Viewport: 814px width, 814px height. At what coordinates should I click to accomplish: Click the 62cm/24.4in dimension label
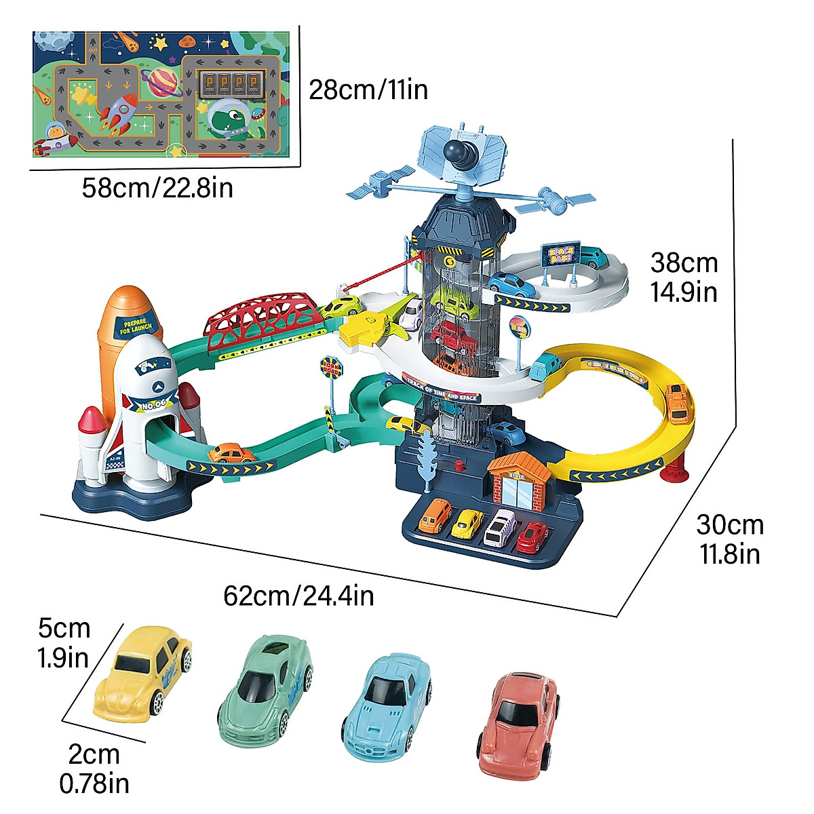tap(298, 596)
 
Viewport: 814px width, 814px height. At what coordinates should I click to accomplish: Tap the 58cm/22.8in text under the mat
tap(157, 187)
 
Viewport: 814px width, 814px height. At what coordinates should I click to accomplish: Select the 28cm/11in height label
tap(368, 89)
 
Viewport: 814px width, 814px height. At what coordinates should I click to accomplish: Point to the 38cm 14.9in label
tap(684, 277)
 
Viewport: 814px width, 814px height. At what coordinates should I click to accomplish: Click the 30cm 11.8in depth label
tap(730, 539)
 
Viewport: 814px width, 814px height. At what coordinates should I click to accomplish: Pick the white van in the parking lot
tap(500, 527)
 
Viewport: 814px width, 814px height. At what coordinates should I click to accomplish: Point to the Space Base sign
tap(561, 255)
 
